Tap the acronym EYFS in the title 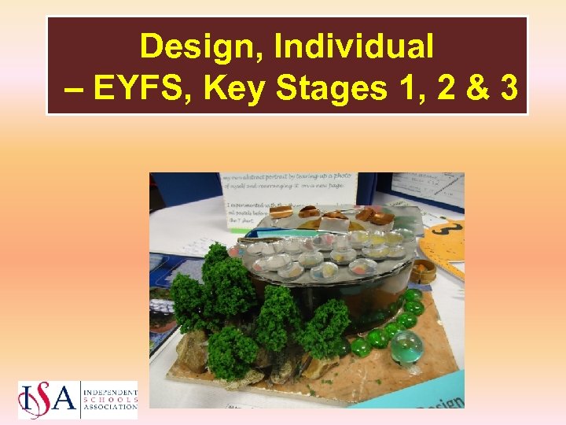coord(144,89)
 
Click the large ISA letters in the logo coord(47,399)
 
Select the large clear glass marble coord(406,346)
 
